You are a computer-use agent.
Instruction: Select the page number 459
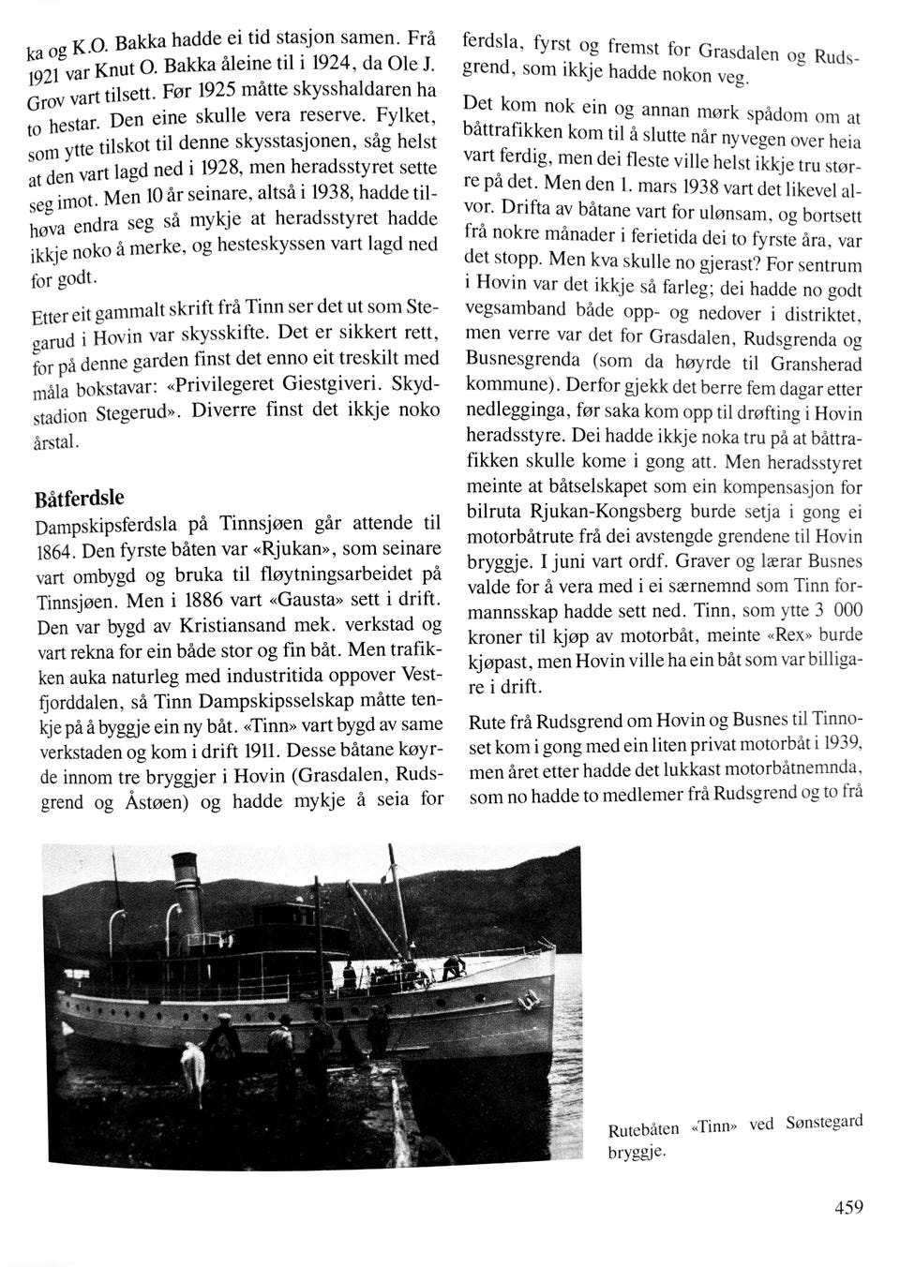pos(847,1208)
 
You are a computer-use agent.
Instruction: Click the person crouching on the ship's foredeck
pos(449,964)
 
